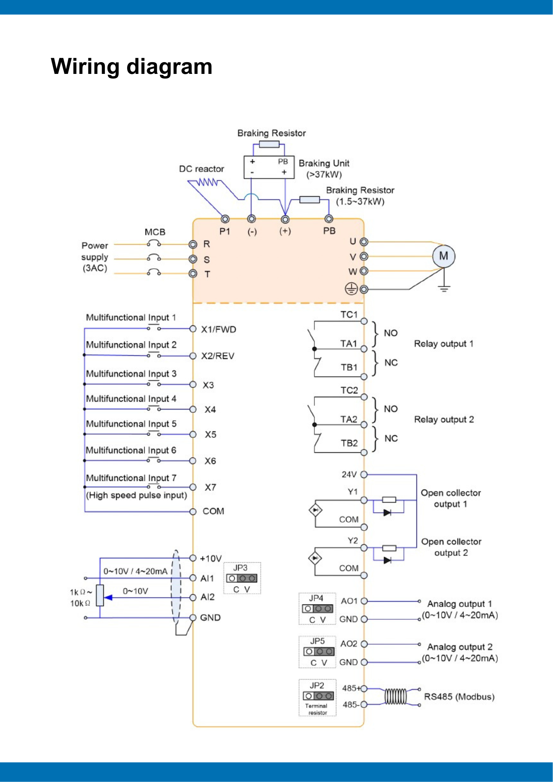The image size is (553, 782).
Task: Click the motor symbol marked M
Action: click(x=443, y=256)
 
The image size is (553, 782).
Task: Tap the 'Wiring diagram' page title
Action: click(x=131, y=66)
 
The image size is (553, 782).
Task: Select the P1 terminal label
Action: click(x=224, y=231)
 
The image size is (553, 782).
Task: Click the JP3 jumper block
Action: click(x=242, y=578)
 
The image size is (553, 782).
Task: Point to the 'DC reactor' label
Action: click(x=201, y=169)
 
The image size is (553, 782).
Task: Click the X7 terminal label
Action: click(x=210, y=487)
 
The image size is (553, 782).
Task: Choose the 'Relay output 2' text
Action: click(x=444, y=420)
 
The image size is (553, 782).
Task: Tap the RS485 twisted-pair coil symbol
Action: click(x=395, y=696)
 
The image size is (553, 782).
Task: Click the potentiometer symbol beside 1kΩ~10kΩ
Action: click(x=100, y=595)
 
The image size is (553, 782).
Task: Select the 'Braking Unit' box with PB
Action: click(x=269, y=167)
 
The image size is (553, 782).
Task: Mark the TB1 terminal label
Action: click(x=349, y=367)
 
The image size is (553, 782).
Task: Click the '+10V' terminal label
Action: click(x=210, y=558)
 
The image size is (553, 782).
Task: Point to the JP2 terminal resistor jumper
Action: click(x=318, y=696)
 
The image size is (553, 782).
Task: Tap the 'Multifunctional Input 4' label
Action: click(x=131, y=399)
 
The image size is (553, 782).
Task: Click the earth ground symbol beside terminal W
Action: click(x=351, y=289)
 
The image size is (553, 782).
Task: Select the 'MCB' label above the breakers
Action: click(x=155, y=232)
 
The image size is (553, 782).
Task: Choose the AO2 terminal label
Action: click(x=348, y=644)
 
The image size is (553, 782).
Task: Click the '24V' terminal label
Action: click(x=349, y=475)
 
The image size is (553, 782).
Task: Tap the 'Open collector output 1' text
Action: click(x=451, y=499)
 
